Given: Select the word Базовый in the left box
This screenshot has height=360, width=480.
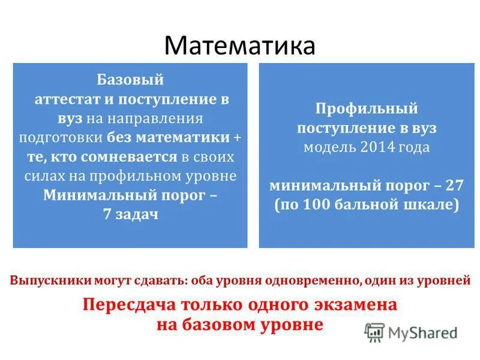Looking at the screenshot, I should (x=130, y=80).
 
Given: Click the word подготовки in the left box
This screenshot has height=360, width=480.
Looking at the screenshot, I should (x=62, y=137).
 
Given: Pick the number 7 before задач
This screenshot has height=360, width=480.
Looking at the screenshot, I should (x=106, y=214).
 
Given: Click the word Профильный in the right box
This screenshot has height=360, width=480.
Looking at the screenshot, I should (x=367, y=109).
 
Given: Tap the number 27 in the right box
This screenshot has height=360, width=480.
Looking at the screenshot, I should (x=453, y=184).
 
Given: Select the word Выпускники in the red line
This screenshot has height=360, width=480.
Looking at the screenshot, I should (x=50, y=280).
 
